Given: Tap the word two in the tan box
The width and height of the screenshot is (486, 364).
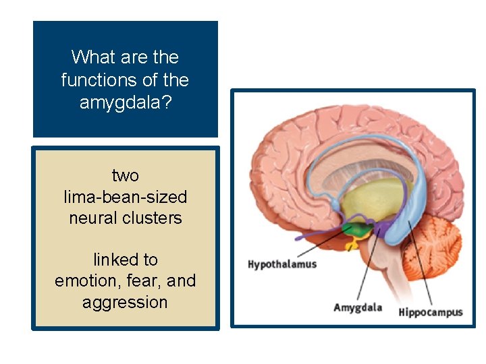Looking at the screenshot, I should (x=125, y=175).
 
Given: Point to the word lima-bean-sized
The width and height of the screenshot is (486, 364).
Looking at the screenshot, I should (x=125, y=197).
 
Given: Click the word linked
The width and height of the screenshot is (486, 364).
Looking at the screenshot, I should (x=115, y=260).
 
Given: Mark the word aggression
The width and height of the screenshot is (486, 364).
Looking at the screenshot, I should (x=125, y=302).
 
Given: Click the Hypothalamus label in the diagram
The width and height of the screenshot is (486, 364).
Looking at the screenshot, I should (x=281, y=264).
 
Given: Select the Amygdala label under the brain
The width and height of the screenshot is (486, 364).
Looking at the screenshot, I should (x=357, y=307).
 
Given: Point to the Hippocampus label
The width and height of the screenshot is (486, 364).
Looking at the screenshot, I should (x=430, y=311).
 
